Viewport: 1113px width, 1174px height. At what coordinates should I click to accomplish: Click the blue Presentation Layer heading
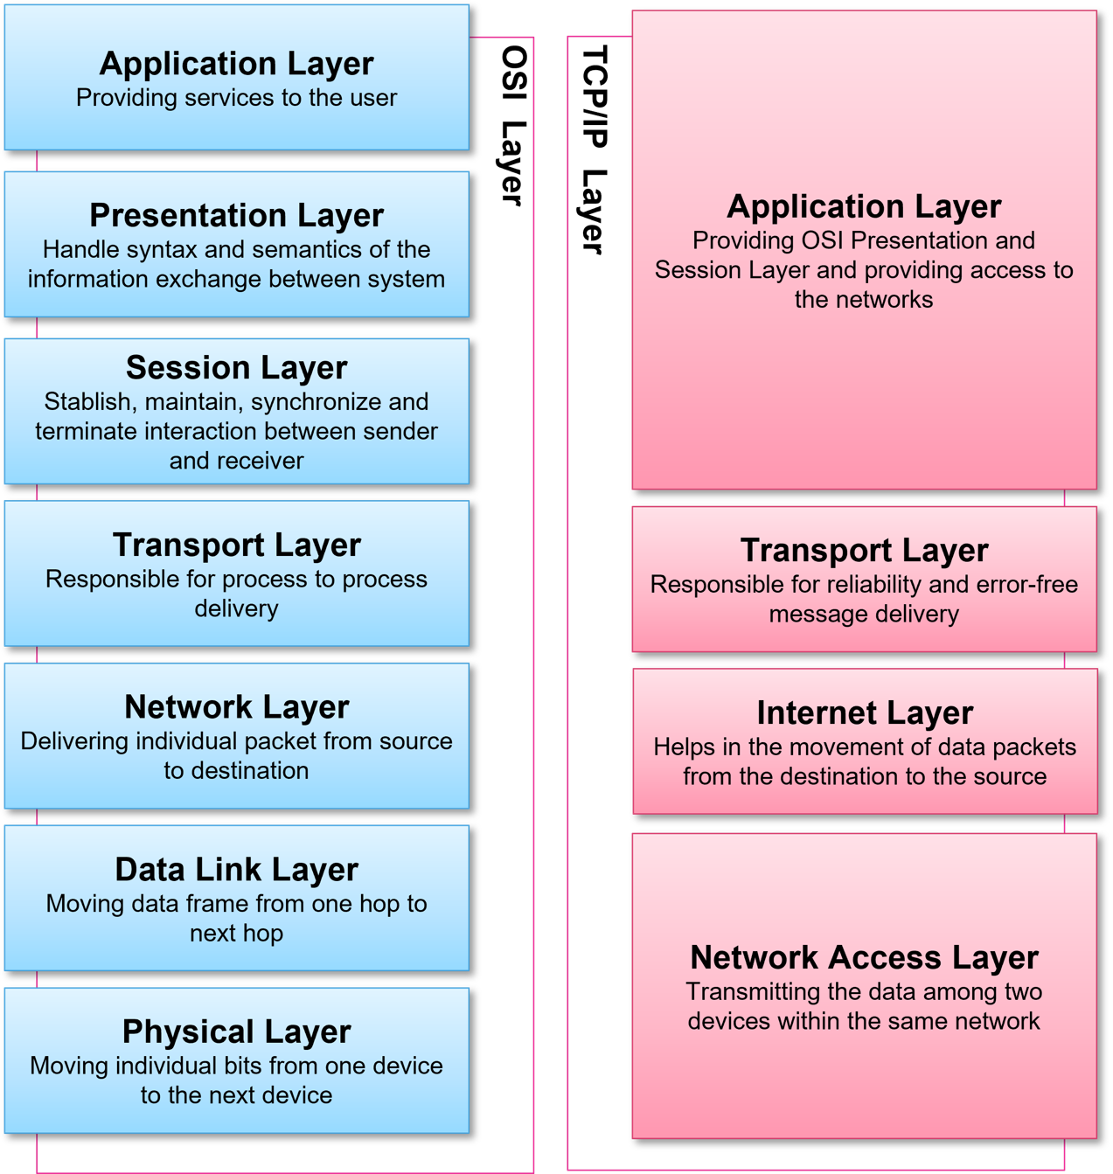click(236, 215)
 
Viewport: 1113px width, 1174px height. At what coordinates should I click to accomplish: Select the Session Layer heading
click(236, 368)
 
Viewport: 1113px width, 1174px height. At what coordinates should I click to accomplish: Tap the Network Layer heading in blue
click(236, 707)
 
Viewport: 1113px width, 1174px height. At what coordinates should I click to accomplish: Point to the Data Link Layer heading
click(236, 870)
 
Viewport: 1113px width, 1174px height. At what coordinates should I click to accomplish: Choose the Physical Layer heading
click(236, 1032)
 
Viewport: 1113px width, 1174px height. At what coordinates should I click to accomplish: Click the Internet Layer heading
click(865, 713)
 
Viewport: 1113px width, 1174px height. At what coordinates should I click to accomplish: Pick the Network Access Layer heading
click(864, 958)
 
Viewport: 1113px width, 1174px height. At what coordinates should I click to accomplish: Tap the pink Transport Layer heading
click(864, 551)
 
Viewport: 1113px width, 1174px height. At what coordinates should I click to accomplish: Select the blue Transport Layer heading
click(236, 545)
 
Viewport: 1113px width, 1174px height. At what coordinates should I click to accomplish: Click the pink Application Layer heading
click(864, 207)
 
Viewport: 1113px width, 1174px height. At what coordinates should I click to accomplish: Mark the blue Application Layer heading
click(236, 64)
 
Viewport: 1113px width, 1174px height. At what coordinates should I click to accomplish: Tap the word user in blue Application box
click(373, 98)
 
